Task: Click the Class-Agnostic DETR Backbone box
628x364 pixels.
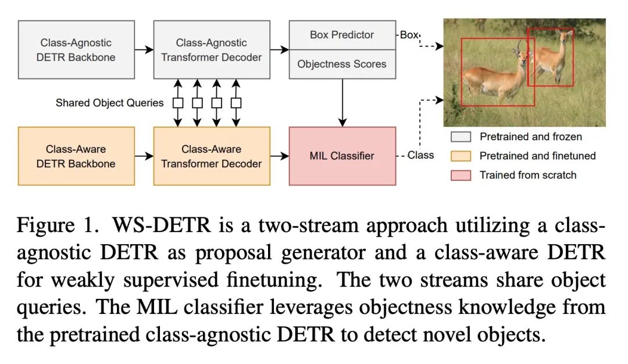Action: click(76, 49)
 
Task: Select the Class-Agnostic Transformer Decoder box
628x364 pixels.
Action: click(212, 49)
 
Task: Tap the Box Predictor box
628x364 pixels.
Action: click(342, 35)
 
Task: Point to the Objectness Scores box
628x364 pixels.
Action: click(342, 64)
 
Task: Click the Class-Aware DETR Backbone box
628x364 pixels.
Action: click(76, 156)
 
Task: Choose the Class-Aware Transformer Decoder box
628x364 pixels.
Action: click(212, 156)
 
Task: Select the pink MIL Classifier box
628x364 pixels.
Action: click(342, 156)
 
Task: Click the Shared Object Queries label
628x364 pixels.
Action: click(109, 103)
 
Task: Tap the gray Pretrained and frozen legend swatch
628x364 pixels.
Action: click(461, 137)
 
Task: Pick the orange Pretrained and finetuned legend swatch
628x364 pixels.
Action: click(461, 156)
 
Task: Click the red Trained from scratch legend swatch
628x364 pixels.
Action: click(461, 175)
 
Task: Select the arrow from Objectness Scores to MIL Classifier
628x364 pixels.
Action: click(342, 103)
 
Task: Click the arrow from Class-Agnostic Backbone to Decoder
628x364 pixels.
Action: click(144, 49)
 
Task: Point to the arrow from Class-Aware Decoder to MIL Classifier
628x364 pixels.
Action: click(280, 156)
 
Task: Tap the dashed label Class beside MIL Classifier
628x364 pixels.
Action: click(420, 155)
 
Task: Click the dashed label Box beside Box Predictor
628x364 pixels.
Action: click(409, 35)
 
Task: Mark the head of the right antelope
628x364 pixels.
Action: click(566, 36)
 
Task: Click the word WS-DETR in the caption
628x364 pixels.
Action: click(162, 225)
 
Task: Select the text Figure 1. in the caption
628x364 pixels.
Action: click(57, 226)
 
